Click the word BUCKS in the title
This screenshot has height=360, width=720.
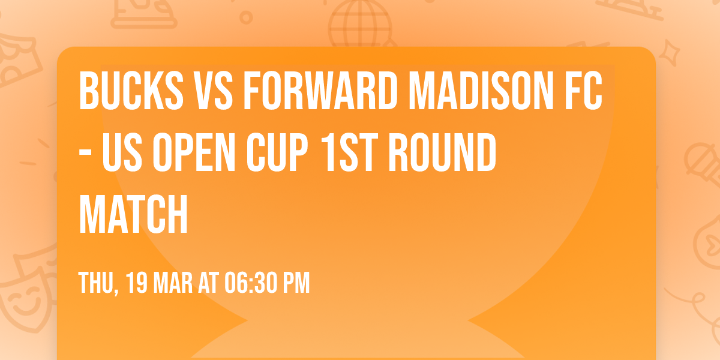131,91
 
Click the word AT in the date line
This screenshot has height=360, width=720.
210,283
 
